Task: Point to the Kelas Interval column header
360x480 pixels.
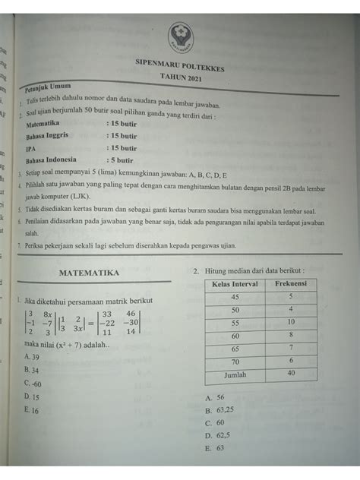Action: pyautogui.click(x=234, y=283)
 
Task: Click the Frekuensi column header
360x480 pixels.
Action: pyautogui.click(x=290, y=283)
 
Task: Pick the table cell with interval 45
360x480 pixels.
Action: pyautogui.click(x=234, y=297)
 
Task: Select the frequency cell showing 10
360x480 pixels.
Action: pyautogui.click(x=290, y=323)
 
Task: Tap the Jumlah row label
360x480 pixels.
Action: pyautogui.click(x=234, y=375)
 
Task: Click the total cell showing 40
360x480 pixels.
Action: pyautogui.click(x=290, y=374)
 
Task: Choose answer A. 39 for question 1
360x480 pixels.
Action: pyautogui.click(x=33, y=356)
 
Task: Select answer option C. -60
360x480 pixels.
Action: pyautogui.click(x=33, y=384)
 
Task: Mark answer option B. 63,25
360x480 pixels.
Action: pyautogui.click(x=220, y=409)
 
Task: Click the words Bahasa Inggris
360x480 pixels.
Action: pyautogui.click(x=47, y=134)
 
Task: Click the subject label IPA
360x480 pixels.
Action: pyautogui.click(x=31, y=147)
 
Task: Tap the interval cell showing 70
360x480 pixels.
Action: pyautogui.click(x=234, y=362)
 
